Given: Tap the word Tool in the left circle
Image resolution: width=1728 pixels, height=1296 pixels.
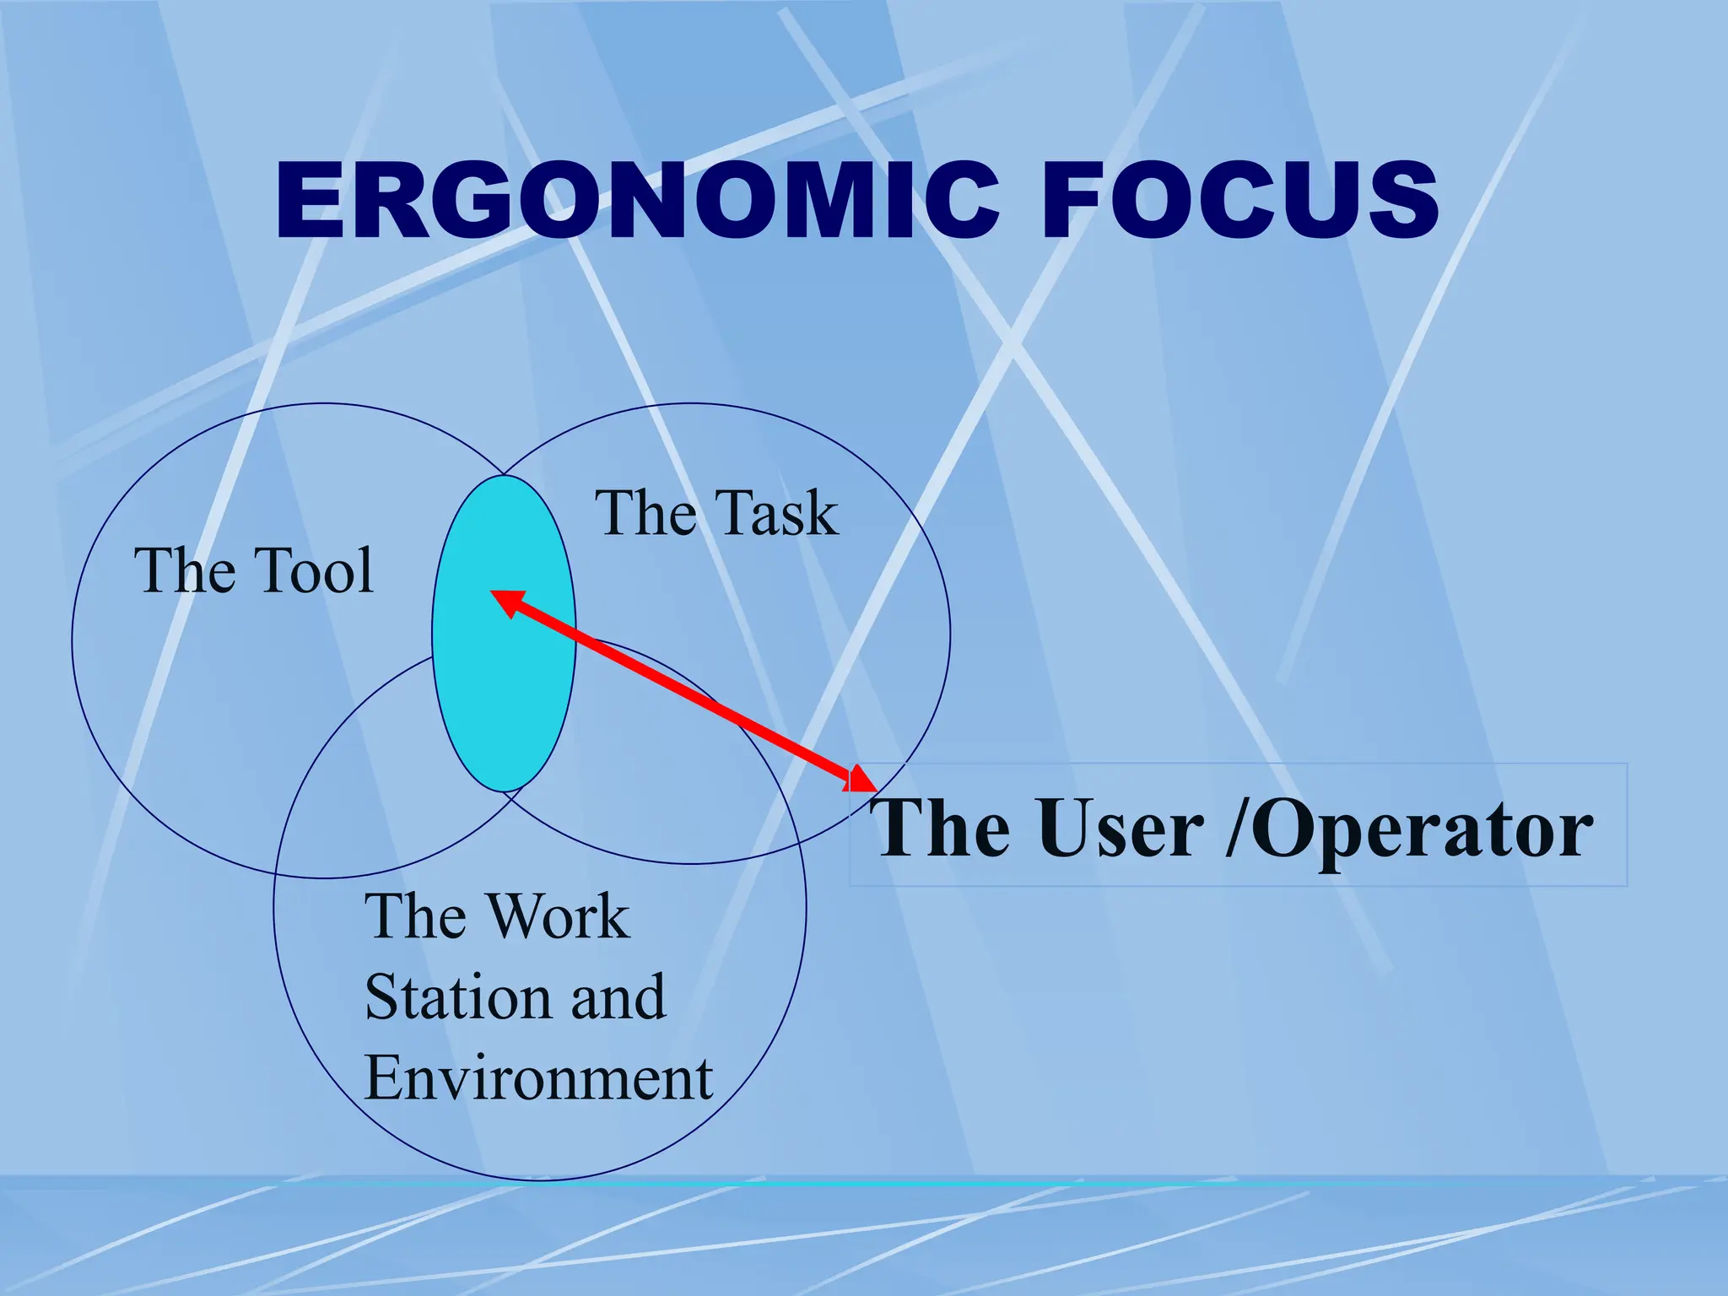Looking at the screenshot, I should tap(314, 570).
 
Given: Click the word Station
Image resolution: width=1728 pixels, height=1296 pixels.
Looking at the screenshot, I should tap(456, 997).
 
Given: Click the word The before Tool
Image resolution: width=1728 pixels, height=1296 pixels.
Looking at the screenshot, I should tap(185, 570).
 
